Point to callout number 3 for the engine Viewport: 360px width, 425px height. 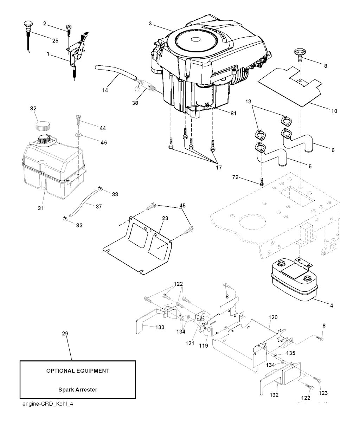pos(150,24)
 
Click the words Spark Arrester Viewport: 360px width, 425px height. pos(78,389)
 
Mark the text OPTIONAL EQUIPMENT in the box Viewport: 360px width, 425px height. pos(78,371)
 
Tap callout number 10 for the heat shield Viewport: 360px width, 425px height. pos(334,111)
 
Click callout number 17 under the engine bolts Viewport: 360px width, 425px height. pos(219,167)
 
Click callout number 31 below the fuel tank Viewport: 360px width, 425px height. pos(41,208)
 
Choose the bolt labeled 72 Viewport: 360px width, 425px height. pos(261,182)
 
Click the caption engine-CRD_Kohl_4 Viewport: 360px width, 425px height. pos(47,404)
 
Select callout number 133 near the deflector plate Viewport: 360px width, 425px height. pos(160,327)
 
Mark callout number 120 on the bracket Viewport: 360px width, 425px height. pos(273,317)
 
